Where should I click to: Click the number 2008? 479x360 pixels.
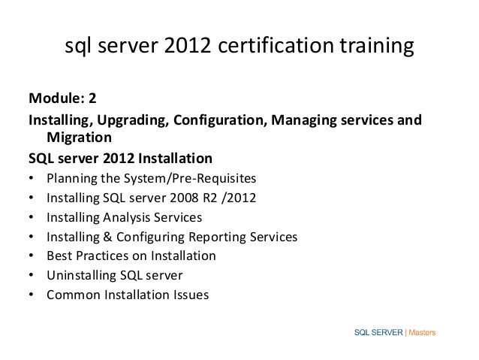[x=172, y=198]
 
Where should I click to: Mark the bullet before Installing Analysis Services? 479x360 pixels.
[x=31, y=218]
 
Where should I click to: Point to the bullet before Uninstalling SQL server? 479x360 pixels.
[x=31, y=276]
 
